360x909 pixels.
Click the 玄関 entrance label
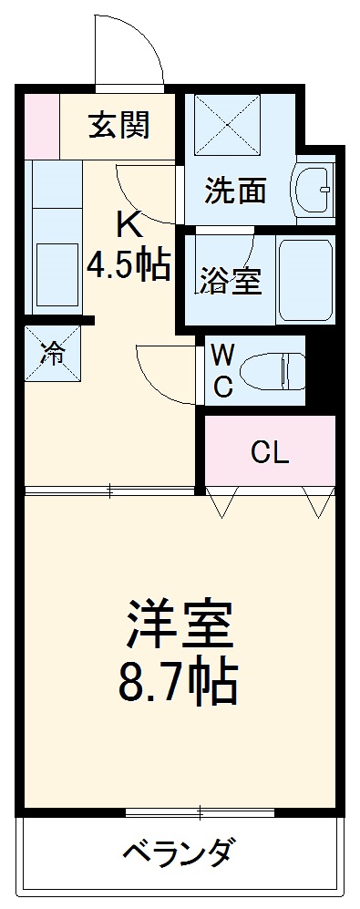(x=118, y=125)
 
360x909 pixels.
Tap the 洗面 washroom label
(x=235, y=191)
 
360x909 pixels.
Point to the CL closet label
(x=270, y=453)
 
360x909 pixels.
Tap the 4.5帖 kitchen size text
(x=129, y=264)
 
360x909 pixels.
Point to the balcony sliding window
(x=201, y=811)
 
